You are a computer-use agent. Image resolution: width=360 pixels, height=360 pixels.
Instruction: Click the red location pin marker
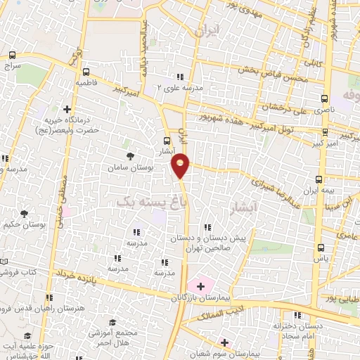[x=181, y=166]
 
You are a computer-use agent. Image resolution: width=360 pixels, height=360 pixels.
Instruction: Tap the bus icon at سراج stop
[x=12, y=54]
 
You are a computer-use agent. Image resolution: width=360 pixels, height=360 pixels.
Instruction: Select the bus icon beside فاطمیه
[x=86, y=72]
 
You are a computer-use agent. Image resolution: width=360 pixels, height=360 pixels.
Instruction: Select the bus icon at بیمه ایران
[x=319, y=180]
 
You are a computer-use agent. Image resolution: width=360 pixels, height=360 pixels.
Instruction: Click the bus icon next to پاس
[x=321, y=247]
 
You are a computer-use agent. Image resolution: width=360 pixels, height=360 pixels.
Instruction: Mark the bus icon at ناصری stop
[x=323, y=99]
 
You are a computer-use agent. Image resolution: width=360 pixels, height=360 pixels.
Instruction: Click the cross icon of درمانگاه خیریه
[x=67, y=109]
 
